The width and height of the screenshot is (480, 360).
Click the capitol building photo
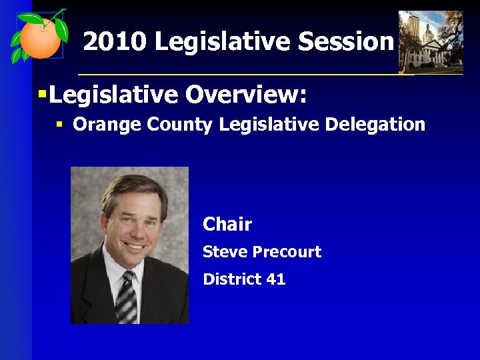(x=430, y=41)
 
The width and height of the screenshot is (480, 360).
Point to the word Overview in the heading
(x=246, y=95)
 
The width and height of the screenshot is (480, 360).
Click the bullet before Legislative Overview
(x=42, y=95)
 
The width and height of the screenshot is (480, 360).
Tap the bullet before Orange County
(x=60, y=125)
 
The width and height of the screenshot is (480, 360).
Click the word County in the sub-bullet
(x=166, y=125)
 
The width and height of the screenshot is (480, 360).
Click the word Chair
(x=227, y=224)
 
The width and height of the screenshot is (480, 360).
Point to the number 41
(x=276, y=279)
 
